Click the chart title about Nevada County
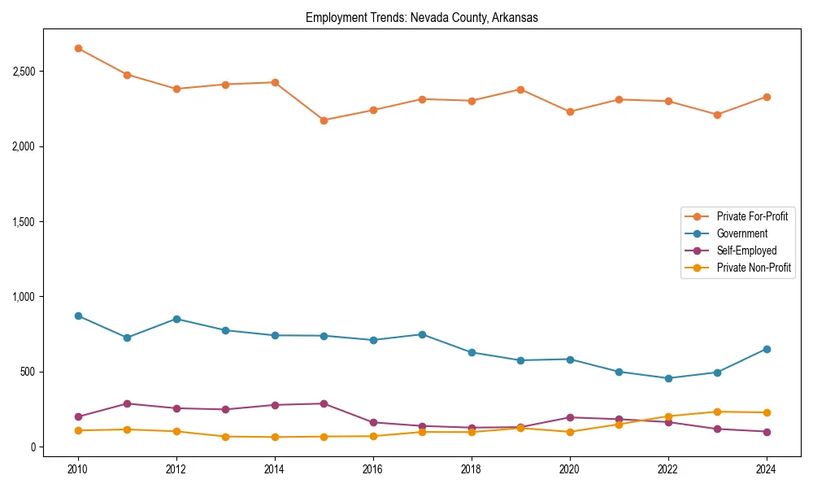pyautogui.click(x=421, y=17)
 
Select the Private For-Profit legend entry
pyautogui.click(x=751, y=216)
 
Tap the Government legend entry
pyautogui.click(x=741, y=233)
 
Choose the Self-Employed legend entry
pyautogui.click(x=746, y=251)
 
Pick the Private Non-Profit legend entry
pyautogui.click(x=754, y=268)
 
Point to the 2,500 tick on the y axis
pyautogui.click(x=24, y=72)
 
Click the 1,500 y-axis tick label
pyautogui.click(x=24, y=222)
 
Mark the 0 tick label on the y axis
pyautogui.click(x=33, y=447)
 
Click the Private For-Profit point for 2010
pyautogui.click(x=78, y=48)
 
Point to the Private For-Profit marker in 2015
pyautogui.click(x=324, y=120)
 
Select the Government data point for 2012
pyautogui.click(x=176, y=319)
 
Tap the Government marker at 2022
pyautogui.click(x=668, y=378)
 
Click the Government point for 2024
pyautogui.click(x=766, y=349)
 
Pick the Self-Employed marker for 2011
pyautogui.click(x=128, y=403)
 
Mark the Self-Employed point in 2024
pyautogui.click(x=766, y=432)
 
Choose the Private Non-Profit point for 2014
pyautogui.click(x=275, y=438)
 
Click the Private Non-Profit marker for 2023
pyautogui.click(x=717, y=412)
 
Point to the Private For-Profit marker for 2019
pyautogui.click(x=520, y=89)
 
